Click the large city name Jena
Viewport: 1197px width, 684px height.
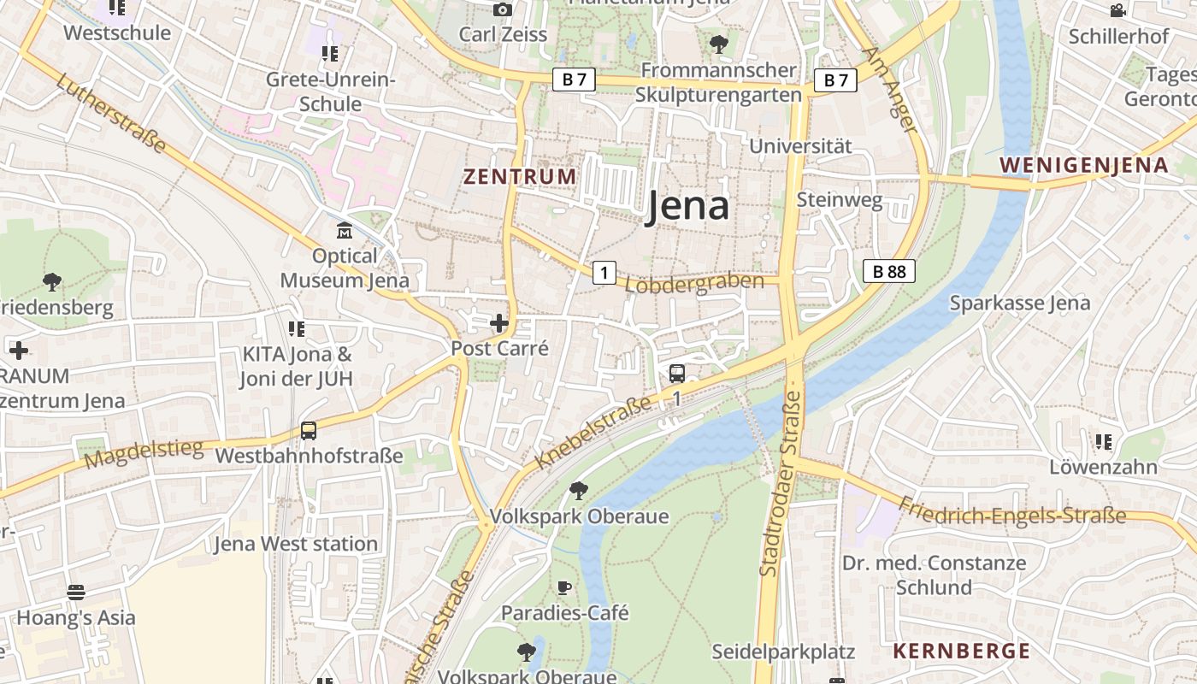pyautogui.click(x=688, y=206)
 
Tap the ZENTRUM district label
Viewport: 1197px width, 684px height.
pyautogui.click(x=520, y=177)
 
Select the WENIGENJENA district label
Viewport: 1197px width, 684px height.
pyautogui.click(x=1083, y=165)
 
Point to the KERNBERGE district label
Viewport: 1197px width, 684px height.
pyautogui.click(x=961, y=651)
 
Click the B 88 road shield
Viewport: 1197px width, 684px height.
pyautogui.click(x=889, y=272)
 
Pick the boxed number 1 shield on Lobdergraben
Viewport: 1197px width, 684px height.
pyautogui.click(x=604, y=273)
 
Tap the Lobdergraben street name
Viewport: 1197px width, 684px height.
pyautogui.click(x=694, y=283)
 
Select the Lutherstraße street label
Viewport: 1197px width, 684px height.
pyautogui.click(x=111, y=113)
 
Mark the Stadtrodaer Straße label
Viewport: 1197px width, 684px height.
pyautogui.click(x=780, y=483)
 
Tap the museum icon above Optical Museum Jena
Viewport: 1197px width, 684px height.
pyautogui.click(x=345, y=230)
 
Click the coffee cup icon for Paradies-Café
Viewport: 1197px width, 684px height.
pyautogui.click(x=563, y=587)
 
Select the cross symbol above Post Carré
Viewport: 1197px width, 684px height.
pyautogui.click(x=499, y=323)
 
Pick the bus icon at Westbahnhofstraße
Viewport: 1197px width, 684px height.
pyautogui.click(x=309, y=431)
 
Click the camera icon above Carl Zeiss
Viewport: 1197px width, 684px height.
pyautogui.click(x=503, y=9)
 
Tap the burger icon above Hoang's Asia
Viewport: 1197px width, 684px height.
pyautogui.click(x=76, y=592)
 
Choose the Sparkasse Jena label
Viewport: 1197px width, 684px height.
pyautogui.click(x=1020, y=303)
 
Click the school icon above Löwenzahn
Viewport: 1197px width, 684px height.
pyautogui.click(x=1103, y=442)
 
